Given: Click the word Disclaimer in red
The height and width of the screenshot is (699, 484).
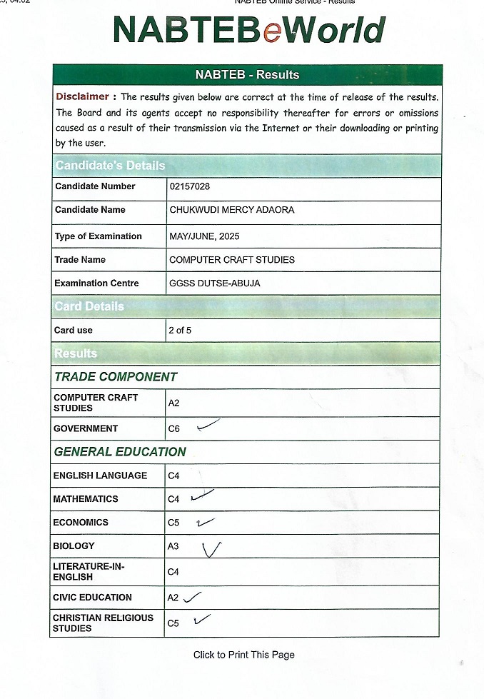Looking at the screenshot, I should (83, 96).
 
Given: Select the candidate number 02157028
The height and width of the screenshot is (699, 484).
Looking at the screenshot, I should (189, 186).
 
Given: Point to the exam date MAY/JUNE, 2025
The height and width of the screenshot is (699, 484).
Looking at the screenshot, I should (205, 236).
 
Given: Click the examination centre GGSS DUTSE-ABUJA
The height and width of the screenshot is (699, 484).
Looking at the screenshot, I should (214, 283).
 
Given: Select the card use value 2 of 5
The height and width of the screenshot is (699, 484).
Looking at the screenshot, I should (180, 331).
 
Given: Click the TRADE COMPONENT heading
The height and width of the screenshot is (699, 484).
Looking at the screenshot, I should (116, 377).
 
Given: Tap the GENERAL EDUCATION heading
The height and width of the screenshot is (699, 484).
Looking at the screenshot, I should (120, 452).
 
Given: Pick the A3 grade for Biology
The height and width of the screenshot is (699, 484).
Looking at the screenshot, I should (173, 547).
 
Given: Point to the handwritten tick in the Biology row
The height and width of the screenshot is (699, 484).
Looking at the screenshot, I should (211, 549).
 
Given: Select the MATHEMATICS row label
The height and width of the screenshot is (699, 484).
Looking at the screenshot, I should (86, 499).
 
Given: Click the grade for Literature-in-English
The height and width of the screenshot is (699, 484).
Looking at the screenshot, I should (173, 572).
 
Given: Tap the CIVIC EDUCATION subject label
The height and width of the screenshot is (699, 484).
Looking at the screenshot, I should (92, 598).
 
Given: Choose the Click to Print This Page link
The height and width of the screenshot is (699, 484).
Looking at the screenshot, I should (243, 655).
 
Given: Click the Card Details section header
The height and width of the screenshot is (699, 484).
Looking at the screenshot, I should (89, 306).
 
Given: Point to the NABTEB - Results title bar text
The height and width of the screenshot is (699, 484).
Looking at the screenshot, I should (247, 75).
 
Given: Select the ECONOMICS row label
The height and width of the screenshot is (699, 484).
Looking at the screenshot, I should (81, 523).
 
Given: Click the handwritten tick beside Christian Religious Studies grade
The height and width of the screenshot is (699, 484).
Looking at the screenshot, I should (201, 619).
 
